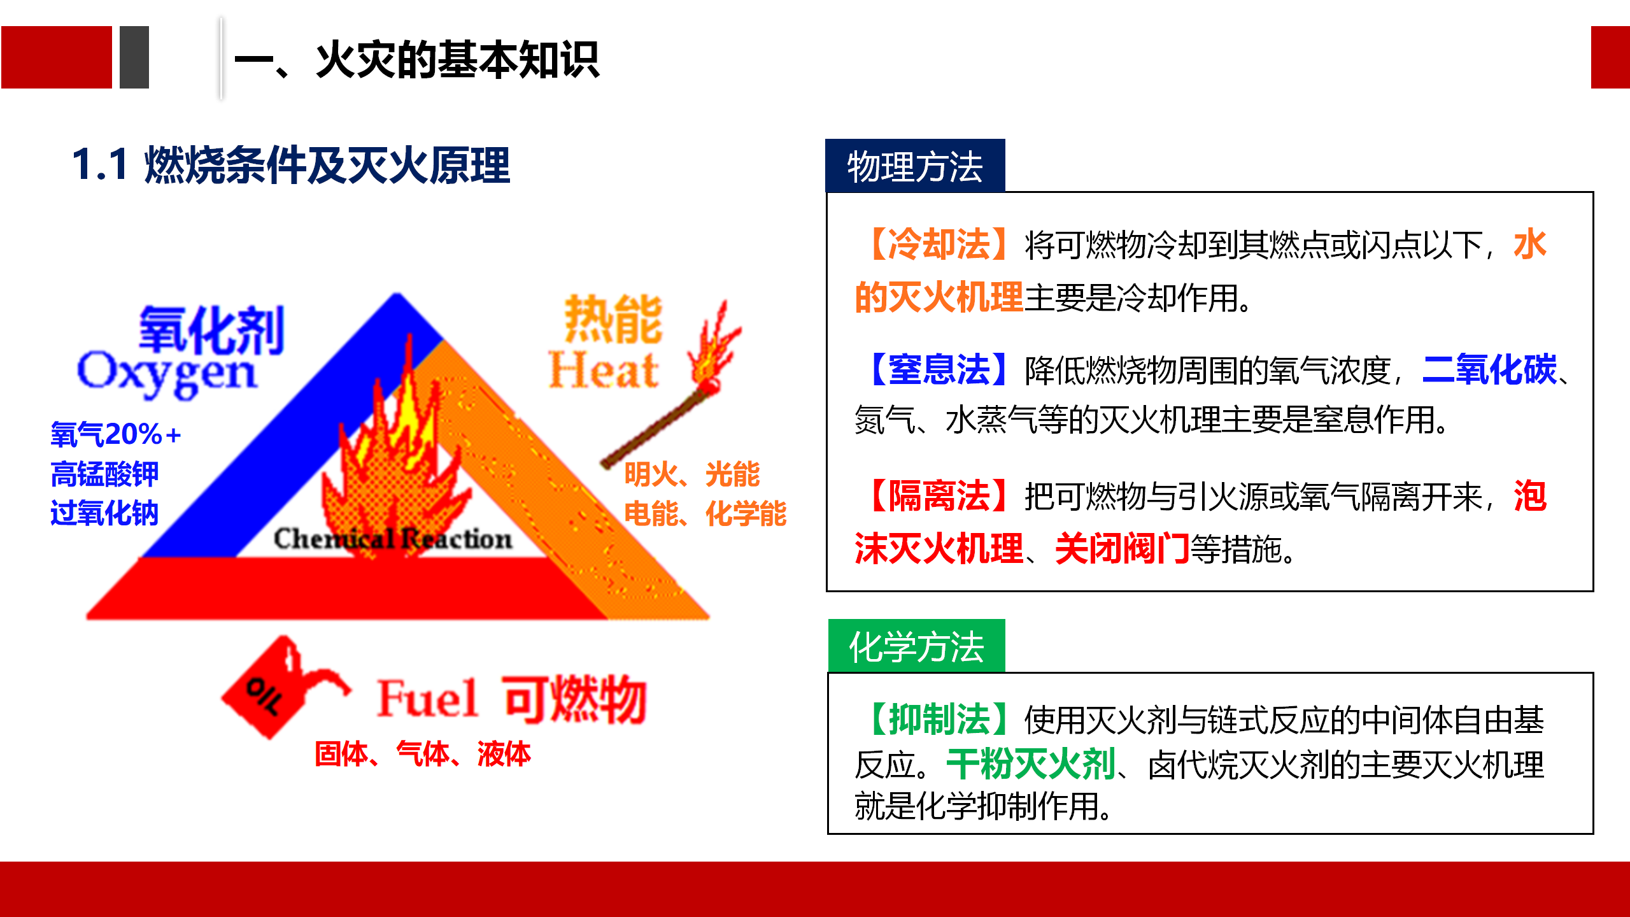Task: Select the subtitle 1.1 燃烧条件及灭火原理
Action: pyautogui.click(x=291, y=165)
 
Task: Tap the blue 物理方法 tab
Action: pyautogui.click(x=915, y=166)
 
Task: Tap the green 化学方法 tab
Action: pyautogui.click(x=917, y=646)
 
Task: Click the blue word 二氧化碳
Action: pyautogui.click(x=1489, y=369)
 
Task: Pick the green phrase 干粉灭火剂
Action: pyautogui.click(x=1031, y=764)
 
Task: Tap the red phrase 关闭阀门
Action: pyautogui.click(x=1123, y=548)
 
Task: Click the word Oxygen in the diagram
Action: pyautogui.click(x=167, y=374)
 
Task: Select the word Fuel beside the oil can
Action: pyautogui.click(x=427, y=699)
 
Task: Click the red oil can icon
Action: pyautogui.click(x=284, y=688)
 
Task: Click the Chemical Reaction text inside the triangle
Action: pyautogui.click(x=393, y=539)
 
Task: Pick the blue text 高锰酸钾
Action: pyautogui.click(x=104, y=474)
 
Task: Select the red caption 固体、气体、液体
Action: pyautogui.click(x=423, y=754)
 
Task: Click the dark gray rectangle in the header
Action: pyautogui.click(x=134, y=57)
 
